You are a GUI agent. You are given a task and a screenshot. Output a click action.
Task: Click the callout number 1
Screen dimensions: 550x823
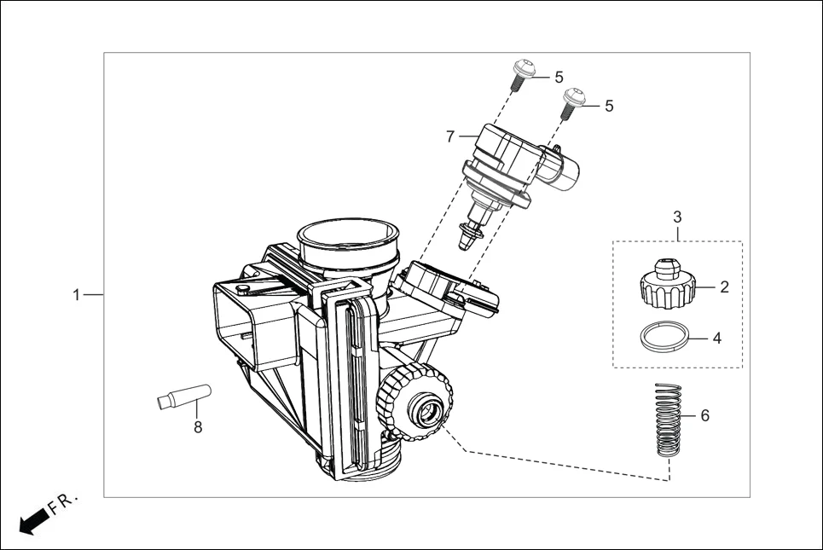tap(76, 294)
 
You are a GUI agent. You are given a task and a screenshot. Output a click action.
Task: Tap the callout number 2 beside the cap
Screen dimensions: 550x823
tap(724, 287)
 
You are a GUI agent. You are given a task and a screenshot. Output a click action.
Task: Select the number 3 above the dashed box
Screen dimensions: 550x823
tap(677, 217)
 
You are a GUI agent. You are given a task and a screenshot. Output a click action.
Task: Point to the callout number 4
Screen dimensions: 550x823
tap(717, 338)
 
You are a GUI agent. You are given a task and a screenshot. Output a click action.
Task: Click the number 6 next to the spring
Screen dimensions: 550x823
tap(704, 416)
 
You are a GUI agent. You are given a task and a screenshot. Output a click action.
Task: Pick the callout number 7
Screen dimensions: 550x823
tap(450, 136)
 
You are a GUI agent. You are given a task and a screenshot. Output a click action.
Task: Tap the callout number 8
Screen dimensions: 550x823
tap(198, 427)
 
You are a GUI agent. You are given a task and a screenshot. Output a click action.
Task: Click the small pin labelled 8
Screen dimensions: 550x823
tap(183, 397)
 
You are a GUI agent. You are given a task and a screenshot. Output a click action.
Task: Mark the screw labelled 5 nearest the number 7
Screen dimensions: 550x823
tap(522, 74)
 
